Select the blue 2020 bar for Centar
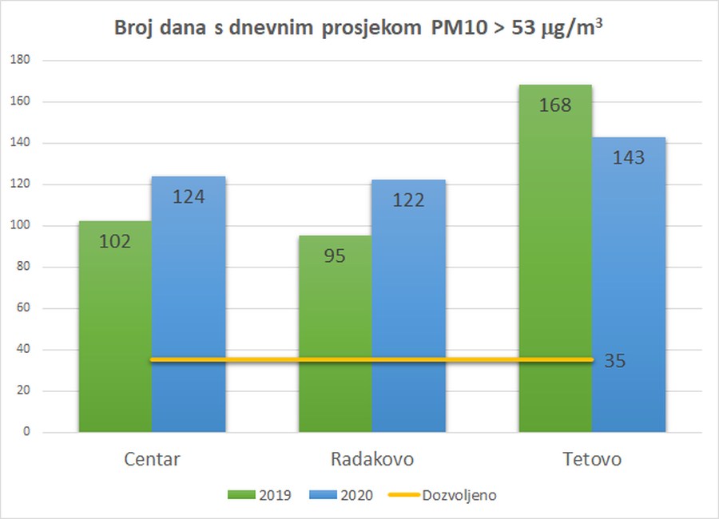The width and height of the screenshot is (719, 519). coord(189,303)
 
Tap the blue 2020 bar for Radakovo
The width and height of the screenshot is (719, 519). coord(408,303)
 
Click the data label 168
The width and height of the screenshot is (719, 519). coord(555,105)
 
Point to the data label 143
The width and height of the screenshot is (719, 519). coord(629,157)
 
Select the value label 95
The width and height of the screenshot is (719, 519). coord(335,256)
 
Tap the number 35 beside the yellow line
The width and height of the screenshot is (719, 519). coord(614,361)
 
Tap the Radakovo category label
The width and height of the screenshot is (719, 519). coord(371,460)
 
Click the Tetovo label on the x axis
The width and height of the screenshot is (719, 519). coord(591,460)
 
